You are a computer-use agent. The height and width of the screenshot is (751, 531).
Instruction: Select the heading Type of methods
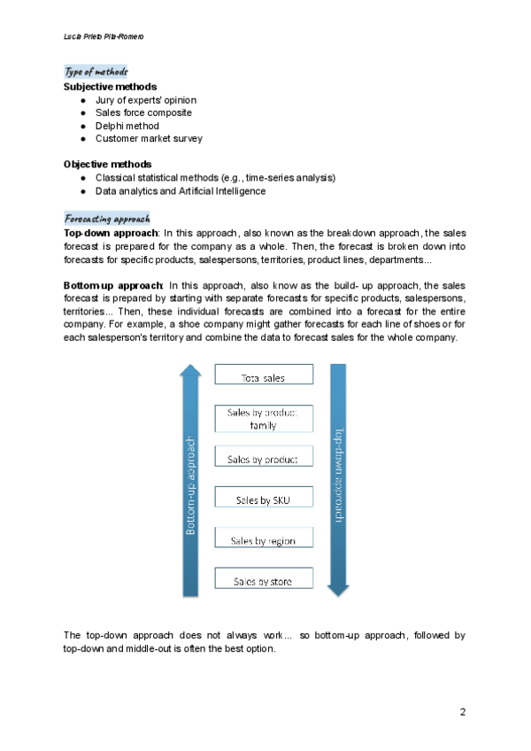96,72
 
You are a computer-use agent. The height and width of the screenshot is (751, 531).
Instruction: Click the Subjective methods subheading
111,87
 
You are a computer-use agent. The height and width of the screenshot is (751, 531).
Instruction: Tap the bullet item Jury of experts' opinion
146,100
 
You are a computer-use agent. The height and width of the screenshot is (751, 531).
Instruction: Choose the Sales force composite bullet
143,112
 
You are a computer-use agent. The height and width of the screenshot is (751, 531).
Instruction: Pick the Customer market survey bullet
149,138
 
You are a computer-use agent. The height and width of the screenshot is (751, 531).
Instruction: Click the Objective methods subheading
107,164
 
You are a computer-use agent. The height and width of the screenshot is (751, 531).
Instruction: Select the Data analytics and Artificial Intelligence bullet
181,190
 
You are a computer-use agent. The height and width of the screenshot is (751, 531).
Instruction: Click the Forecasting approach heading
107,217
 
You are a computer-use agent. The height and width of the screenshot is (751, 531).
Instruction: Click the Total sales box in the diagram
264,376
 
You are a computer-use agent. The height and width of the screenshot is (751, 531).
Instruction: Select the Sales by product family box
264,419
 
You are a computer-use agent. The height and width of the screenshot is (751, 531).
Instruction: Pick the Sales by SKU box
264,500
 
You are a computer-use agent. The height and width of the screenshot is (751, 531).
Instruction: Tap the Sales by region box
264,540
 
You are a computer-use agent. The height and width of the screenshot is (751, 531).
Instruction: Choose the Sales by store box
264,581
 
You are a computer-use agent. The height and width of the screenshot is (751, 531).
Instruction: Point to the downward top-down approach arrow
339,478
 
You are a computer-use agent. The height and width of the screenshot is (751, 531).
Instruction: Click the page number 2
462,712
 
